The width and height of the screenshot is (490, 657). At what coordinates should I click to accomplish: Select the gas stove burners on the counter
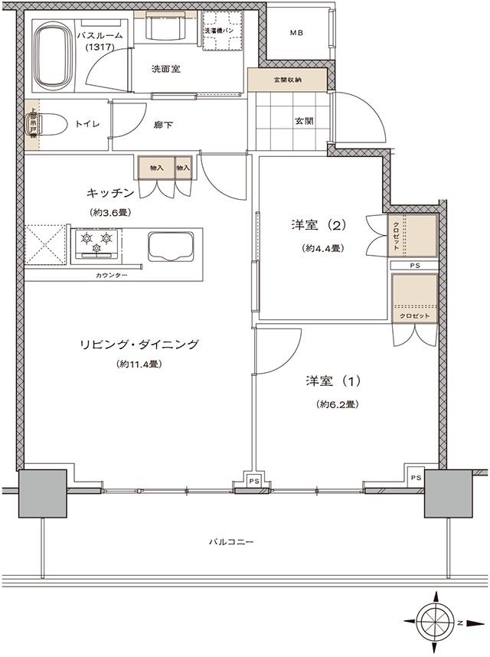(96, 243)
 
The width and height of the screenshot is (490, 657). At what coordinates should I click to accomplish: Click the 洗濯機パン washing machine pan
(222, 31)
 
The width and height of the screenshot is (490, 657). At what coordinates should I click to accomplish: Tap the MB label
(296, 34)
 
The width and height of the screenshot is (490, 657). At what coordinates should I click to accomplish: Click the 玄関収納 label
(287, 79)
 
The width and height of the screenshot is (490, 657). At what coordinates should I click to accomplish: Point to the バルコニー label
(230, 542)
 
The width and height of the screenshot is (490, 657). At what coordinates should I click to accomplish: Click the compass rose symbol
(434, 621)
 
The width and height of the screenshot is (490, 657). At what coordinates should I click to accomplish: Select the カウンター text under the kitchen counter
(112, 274)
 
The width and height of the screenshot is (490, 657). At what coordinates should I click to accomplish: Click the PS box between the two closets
(414, 265)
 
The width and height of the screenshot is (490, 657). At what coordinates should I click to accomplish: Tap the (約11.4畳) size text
(138, 364)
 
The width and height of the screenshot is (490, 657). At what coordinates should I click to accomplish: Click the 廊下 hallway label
(162, 125)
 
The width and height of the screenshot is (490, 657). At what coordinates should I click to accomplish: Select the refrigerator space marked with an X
(46, 245)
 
